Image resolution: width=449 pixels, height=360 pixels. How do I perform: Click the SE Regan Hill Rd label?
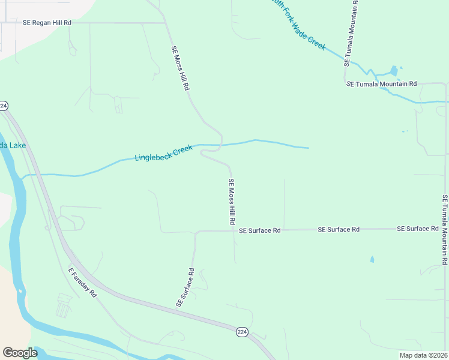coord(47,23)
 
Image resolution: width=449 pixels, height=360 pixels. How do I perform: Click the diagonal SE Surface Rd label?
coord(185,288)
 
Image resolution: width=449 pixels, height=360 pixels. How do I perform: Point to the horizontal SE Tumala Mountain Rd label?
coord(382,84)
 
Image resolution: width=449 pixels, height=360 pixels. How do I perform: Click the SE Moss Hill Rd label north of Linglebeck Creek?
coord(180,68)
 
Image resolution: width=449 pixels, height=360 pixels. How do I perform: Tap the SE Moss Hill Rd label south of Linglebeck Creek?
coord(231,202)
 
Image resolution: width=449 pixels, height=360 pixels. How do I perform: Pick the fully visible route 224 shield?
coord(242,332)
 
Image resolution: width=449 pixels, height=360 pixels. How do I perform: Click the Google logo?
coord(20,353)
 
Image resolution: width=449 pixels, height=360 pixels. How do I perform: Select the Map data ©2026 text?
coord(423,355)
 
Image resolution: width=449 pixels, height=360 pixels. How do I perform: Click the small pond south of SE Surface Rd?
coord(372,260)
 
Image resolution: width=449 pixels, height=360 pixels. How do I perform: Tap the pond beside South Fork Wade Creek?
coord(394,71)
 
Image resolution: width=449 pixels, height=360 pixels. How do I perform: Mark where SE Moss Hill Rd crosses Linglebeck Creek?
coord(221,145)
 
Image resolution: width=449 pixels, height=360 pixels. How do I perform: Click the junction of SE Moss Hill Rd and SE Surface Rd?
coord(233,230)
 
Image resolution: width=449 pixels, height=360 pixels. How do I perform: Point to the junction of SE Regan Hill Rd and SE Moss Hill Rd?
coord(165,23)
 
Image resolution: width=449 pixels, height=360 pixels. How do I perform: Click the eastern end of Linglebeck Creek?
coord(308,148)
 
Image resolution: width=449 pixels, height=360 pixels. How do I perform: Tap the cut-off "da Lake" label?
coord(12,145)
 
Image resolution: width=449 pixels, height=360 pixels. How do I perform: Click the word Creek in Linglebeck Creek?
coord(182,149)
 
